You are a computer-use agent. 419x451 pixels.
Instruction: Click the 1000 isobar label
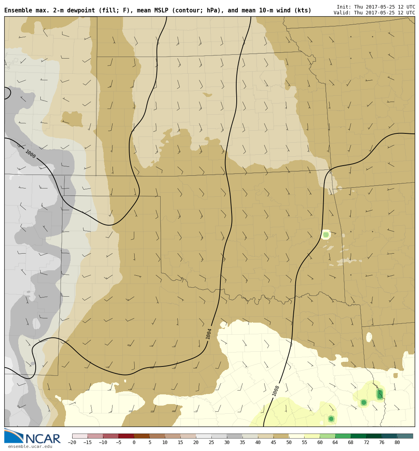pyautogui.click(x=30, y=154)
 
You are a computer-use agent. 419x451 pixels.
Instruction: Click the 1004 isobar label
pyautogui.click(x=209, y=333)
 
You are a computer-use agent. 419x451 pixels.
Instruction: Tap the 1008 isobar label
pyautogui.click(x=276, y=391)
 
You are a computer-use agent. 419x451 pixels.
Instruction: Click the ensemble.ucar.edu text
pyautogui.click(x=30, y=447)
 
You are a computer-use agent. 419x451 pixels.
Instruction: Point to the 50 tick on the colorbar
pyautogui.click(x=289, y=442)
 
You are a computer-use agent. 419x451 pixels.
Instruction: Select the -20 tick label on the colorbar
pyautogui.click(x=72, y=442)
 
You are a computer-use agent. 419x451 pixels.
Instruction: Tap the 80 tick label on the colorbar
pyautogui.click(x=397, y=442)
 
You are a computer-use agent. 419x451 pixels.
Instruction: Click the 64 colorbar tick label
pyautogui.click(x=335, y=442)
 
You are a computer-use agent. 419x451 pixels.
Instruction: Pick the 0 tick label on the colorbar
pyautogui.click(x=134, y=442)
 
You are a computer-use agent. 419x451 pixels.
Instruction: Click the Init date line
pyautogui.click(x=374, y=7)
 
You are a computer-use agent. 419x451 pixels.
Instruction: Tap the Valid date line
pyautogui.click(x=374, y=13)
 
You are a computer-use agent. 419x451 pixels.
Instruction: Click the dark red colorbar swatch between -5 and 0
pyautogui.click(x=126, y=436)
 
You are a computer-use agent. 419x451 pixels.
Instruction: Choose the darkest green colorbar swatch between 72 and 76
pyautogui.click(x=374, y=436)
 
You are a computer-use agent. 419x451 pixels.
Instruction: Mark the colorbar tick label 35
pyautogui.click(x=242, y=442)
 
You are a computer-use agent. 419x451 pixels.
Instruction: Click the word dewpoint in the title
pyautogui.click(x=82, y=10)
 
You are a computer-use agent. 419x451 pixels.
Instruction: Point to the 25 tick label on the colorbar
pyautogui.click(x=211, y=442)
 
